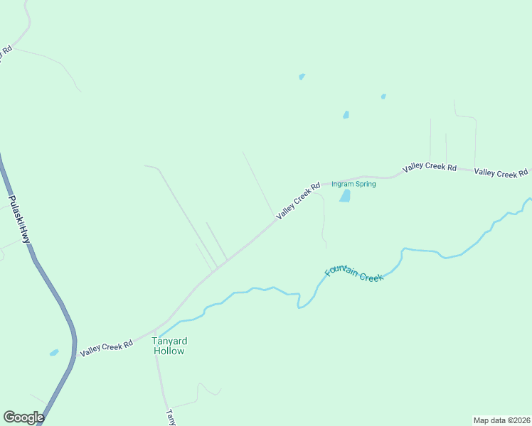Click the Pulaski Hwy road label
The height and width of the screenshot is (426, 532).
click(x=19, y=220)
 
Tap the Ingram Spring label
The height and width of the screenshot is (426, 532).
click(x=353, y=185)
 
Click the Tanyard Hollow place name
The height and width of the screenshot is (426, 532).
click(x=169, y=346)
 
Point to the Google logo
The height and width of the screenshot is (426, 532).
click(x=23, y=417)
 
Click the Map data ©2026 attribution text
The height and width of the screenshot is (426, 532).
click(x=501, y=420)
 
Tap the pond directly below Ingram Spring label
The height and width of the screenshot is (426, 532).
click(x=346, y=196)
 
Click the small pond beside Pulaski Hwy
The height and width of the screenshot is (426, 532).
click(x=53, y=352)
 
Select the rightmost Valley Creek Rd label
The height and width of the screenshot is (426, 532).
click(x=501, y=173)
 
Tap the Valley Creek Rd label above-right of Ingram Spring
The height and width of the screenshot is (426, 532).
click(x=429, y=168)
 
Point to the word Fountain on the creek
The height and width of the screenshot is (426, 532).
click(x=340, y=269)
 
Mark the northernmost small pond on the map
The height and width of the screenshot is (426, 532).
click(x=302, y=77)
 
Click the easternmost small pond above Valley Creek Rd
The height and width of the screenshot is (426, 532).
click(x=383, y=97)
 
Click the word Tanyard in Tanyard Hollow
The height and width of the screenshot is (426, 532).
click(x=169, y=341)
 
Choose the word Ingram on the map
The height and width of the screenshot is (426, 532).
click(x=342, y=185)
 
